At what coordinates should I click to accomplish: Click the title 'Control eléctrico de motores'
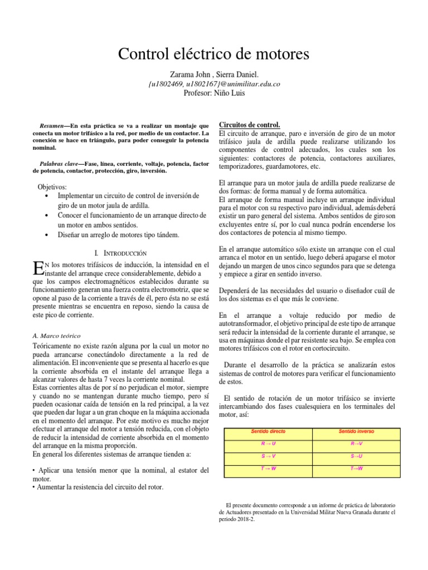click(x=213, y=55)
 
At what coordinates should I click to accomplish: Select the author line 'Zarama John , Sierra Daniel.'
click(x=213, y=74)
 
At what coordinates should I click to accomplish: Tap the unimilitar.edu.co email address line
click(x=213, y=83)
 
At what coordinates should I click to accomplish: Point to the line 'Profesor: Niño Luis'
click(x=213, y=93)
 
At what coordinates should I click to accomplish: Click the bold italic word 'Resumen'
click(x=56, y=126)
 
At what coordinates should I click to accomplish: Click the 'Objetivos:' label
click(x=52, y=187)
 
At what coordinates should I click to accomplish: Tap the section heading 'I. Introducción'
click(x=121, y=253)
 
